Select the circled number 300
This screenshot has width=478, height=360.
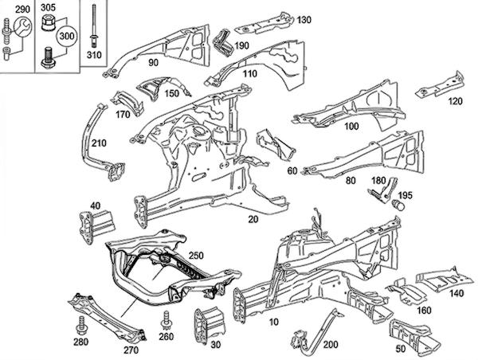point(67,37)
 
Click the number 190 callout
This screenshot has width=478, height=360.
point(241,45)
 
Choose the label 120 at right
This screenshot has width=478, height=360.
point(455,101)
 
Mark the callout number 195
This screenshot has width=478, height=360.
point(405,195)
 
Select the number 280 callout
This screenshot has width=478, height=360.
point(80,342)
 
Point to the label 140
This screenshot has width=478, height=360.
point(456,294)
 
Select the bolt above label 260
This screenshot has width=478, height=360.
point(166,320)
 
